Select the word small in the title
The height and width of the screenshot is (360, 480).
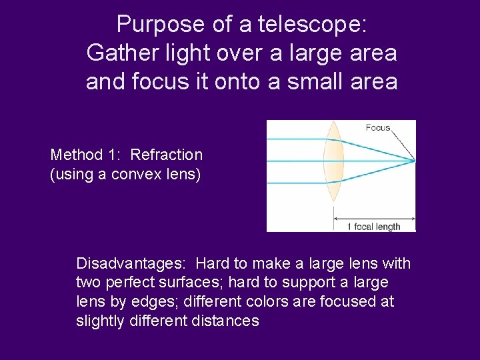315,81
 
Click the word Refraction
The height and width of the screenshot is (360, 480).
166,155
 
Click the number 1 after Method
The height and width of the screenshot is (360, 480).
119,155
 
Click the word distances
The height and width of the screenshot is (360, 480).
223,321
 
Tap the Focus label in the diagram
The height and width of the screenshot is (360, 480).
378,127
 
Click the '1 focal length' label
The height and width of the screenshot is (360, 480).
373,227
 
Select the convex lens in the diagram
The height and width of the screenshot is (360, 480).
333,161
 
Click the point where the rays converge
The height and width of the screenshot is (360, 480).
414,161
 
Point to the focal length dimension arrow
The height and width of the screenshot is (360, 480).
374,218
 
